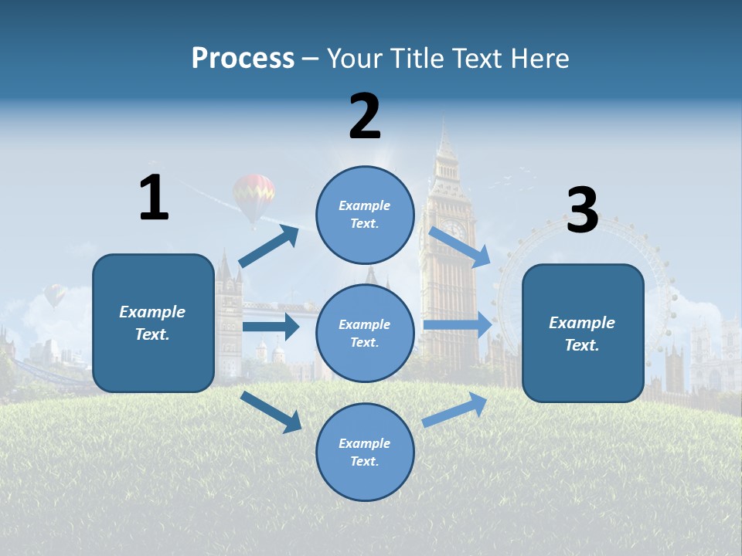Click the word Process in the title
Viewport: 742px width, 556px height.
click(x=243, y=59)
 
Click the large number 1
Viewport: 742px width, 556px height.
click(x=154, y=198)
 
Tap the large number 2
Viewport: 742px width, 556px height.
click(x=365, y=117)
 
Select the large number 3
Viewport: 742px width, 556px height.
click(x=582, y=211)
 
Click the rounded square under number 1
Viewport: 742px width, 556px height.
click(x=153, y=323)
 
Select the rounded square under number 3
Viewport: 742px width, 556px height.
click(x=583, y=333)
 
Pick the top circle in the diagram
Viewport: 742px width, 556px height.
click(x=365, y=215)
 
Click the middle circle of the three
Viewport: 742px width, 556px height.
click(x=365, y=333)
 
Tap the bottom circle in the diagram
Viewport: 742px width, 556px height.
click(x=365, y=452)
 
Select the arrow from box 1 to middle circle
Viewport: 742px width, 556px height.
click(x=271, y=327)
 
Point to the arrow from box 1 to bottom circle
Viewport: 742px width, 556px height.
click(x=271, y=411)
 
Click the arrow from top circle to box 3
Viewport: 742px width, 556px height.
click(x=459, y=246)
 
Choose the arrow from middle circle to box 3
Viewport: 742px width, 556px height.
click(x=457, y=325)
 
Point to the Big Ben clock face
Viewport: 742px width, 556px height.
click(x=454, y=231)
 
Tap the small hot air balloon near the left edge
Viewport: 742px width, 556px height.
click(x=54, y=294)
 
